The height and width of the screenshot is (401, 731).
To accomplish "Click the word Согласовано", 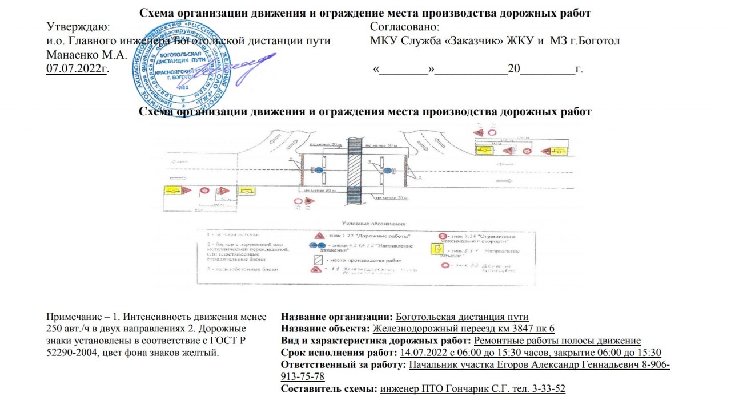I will click(x=404, y=27).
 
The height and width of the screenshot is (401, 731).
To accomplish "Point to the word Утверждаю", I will click(x=78, y=27).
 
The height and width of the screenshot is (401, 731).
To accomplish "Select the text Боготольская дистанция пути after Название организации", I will click(x=462, y=317).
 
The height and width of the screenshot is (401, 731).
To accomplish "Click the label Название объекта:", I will click(x=326, y=329).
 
